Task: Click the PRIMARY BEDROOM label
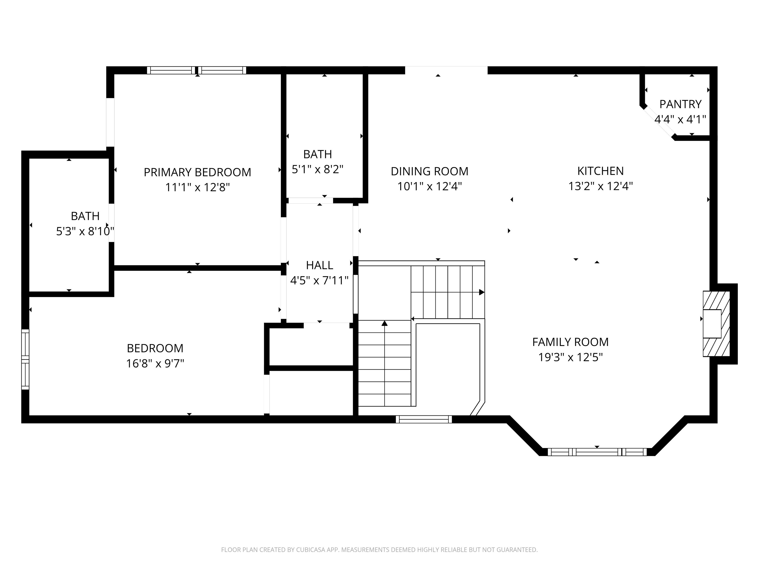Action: [197, 172]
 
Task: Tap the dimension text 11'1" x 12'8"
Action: [197, 187]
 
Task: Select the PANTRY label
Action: [680, 104]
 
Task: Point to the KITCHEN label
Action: [600, 171]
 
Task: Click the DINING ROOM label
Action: [429, 171]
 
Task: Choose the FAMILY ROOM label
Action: [570, 342]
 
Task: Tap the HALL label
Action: [319, 265]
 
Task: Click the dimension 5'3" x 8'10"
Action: [85, 231]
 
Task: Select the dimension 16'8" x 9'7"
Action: [155, 363]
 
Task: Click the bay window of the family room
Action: [597, 452]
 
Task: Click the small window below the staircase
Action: [424, 419]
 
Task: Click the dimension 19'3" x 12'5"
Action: [570, 357]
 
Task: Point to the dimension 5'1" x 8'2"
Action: [317, 169]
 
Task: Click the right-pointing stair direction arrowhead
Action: [482, 292]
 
